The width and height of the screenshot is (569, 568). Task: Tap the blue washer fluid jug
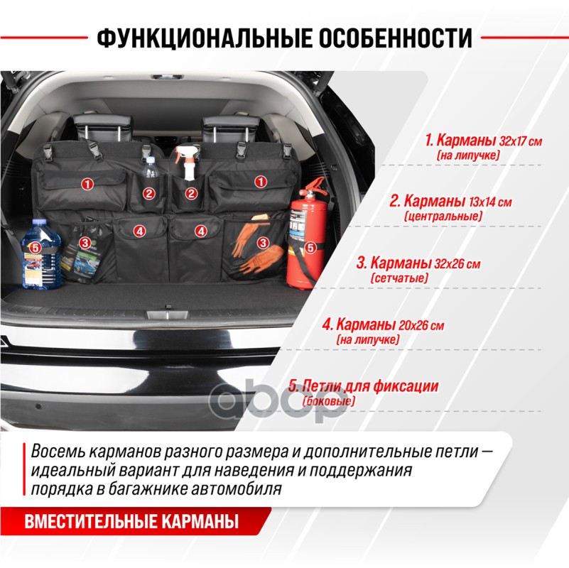tap(40, 254)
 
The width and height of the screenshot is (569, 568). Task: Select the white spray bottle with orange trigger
tap(189, 163)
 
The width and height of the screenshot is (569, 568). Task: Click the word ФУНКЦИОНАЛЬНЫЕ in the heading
tap(204, 38)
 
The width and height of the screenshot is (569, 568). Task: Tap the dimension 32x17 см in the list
tap(521, 141)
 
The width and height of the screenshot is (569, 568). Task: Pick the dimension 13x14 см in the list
tap(490, 202)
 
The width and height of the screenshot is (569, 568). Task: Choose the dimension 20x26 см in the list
tap(421, 325)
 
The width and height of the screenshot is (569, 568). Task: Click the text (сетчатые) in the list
tap(399, 278)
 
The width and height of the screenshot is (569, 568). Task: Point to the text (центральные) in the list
tap(443, 217)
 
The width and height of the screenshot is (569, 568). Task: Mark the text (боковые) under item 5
tap(329, 400)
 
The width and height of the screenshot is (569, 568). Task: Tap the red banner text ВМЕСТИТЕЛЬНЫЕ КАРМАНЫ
tap(131, 521)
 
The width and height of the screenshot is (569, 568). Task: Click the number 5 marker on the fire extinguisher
tap(310, 248)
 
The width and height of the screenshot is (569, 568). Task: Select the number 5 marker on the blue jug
tap(36, 248)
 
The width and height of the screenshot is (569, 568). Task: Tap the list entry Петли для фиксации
tap(363, 386)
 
